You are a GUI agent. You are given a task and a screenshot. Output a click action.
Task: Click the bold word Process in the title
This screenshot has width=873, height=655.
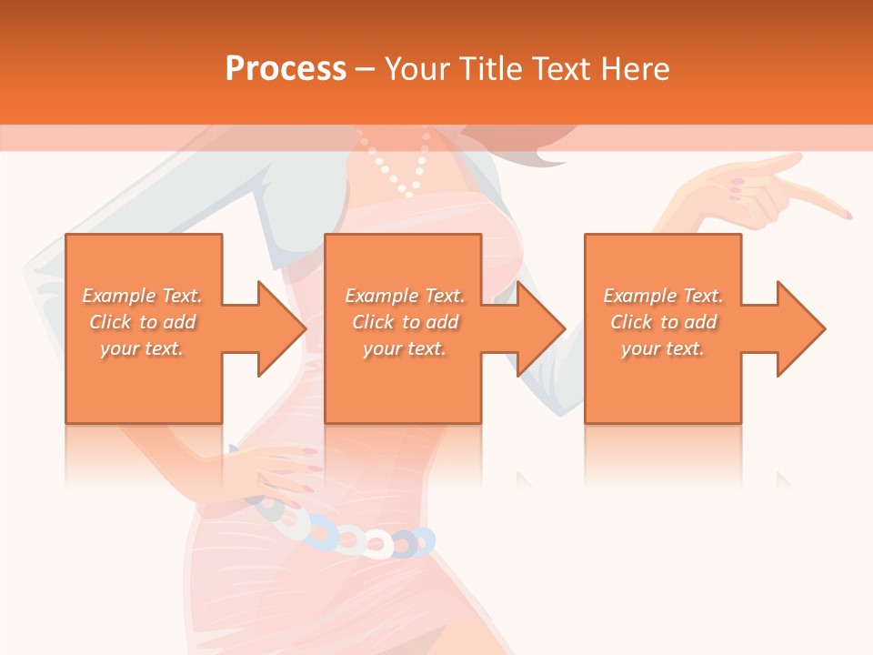pyautogui.click(x=286, y=69)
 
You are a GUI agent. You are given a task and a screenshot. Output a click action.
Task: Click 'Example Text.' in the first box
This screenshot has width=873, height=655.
pyautogui.click(x=142, y=296)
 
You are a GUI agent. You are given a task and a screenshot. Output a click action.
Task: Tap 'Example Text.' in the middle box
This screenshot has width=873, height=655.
pyautogui.click(x=405, y=296)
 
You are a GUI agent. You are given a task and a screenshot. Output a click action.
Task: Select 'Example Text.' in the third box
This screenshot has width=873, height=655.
pyautogui.click(x=663, y=296)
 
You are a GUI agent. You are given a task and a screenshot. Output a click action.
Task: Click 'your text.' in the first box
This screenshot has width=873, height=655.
pyautogui.click(x=142, y=348)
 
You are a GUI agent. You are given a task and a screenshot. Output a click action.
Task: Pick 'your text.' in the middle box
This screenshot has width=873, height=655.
pyautogui.click(x=405, y=348)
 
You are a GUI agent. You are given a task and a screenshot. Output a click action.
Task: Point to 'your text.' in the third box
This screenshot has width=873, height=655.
pyautogui.click(x=663, y=348)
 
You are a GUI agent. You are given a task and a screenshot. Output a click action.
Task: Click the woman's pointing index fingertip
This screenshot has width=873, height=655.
pyautogui.click(x=847, y=215)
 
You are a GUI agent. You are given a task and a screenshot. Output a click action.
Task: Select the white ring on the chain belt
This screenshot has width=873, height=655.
pyautogui.click(x=377, y=543)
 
